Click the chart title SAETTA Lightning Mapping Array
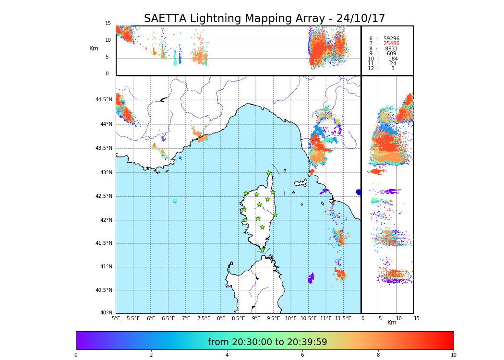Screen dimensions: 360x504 point(264,19)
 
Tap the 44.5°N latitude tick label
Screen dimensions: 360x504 point(104,100)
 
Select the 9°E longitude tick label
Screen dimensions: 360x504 point(256,318)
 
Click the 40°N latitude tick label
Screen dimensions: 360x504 point(106,313)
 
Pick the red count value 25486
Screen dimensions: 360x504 point(391,44)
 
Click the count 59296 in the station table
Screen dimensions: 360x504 point(391,39)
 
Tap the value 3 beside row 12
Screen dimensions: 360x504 point(393,69)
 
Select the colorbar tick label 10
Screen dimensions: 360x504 point(453,355)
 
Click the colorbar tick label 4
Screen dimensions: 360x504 point(227,355)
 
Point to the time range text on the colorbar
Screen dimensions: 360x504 point(267,342)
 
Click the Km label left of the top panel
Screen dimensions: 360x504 point(94,48)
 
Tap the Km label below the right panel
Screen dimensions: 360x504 point(392,323)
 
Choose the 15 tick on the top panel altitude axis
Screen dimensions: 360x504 point(108,24)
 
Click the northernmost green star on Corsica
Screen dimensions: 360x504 point(269,173)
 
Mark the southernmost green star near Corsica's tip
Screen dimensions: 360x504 point(263,250)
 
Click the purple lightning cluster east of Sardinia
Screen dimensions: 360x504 point(311,278)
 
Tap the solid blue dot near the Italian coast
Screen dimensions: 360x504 point(358,192)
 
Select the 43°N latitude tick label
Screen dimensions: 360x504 point(106,172)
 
